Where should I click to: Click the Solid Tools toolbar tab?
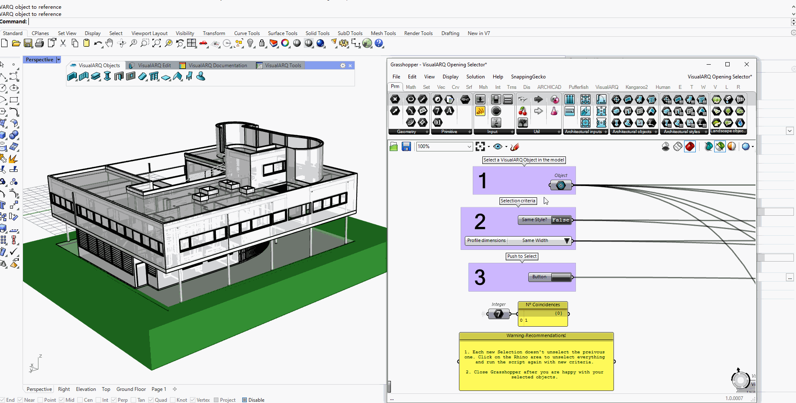pyautogui.click(x=317, y=33)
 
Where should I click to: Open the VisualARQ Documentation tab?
pyautogui.click(x=217, y=65)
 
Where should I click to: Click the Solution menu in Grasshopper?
pyautogui.click(x=475, y=77)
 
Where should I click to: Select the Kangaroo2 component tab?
pyautogui.click(x=636, y=87)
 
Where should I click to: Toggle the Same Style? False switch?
pyautogui.click(x=560, y=220)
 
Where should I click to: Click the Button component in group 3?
pyautogui.click(x=561, y=277)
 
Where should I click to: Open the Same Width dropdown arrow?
pyautogui.click(x=567, y=241)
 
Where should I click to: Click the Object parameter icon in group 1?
pyautogui.click(x=561, y=185)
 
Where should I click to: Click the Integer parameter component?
pyautogui.click(x=499, y=314)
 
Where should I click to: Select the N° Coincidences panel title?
pyautogui.click(x=542, y=305)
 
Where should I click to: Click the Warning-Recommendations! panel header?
pyautogui.click(x=536, y=336)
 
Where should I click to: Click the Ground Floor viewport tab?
pyautogui.click(x=131, y=389)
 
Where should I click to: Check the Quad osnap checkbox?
pyautogui.click(x=151, y=400)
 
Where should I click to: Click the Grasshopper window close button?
pyautogui.click(x=747, y=64)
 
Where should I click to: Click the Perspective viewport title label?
pyautogui.click(x=39, y=60)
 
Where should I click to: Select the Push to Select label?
pyautogui.click(x=522, y=257)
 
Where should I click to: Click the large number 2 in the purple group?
pyautogui.click(x=480, y=222)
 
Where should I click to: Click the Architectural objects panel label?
pyautogui.click(x=631, y=132)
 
